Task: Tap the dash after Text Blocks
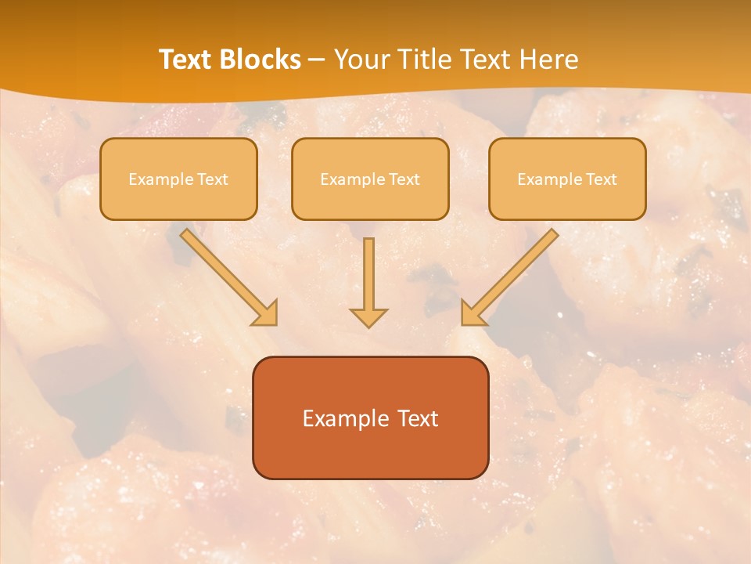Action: [x=317, y=60]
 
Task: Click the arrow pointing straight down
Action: [x=368, y=274]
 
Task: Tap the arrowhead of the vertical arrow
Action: [x=368, y=317]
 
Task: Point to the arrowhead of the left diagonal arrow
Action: [x=267, y=314]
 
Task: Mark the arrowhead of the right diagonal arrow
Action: [x=472, y=314]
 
